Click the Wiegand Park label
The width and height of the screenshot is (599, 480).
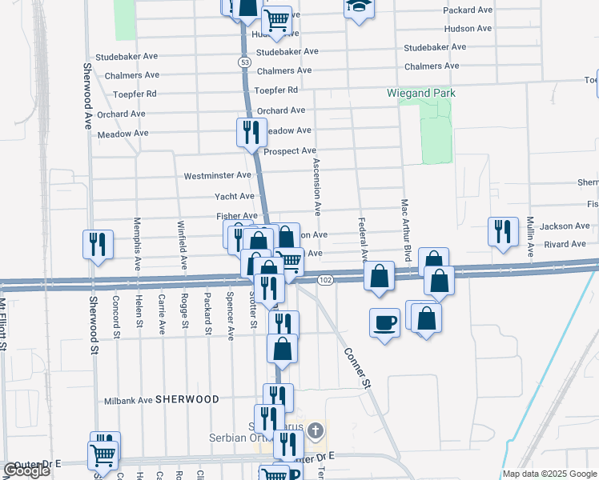(x=421, y=94)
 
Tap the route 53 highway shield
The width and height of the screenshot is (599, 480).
(x=243, y=61)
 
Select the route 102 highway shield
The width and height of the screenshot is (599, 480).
(x=324, y=280)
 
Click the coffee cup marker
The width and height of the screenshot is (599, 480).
(x=384, y=322)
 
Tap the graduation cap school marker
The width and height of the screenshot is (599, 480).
(x=359, y=7)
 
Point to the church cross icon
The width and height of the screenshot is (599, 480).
(x=316, y=431)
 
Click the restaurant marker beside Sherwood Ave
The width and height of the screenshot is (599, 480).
(x=98, y=244)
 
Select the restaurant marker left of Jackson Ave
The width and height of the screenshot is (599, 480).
(x=501, y=231)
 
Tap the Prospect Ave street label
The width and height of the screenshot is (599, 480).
(x=290, y=151)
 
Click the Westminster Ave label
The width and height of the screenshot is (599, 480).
(x=218, y=175)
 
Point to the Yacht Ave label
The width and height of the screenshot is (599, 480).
(x=235, y=196)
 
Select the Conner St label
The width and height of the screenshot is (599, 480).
(x=359, y=368)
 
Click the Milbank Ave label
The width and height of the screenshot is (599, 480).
(x=128, y=400)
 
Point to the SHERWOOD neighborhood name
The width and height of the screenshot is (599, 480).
(x=187, y=398)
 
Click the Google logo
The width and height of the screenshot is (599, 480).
(x=26, y=471)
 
